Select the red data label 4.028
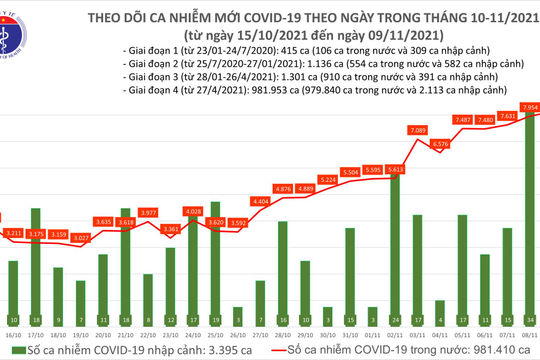[194, 212]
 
